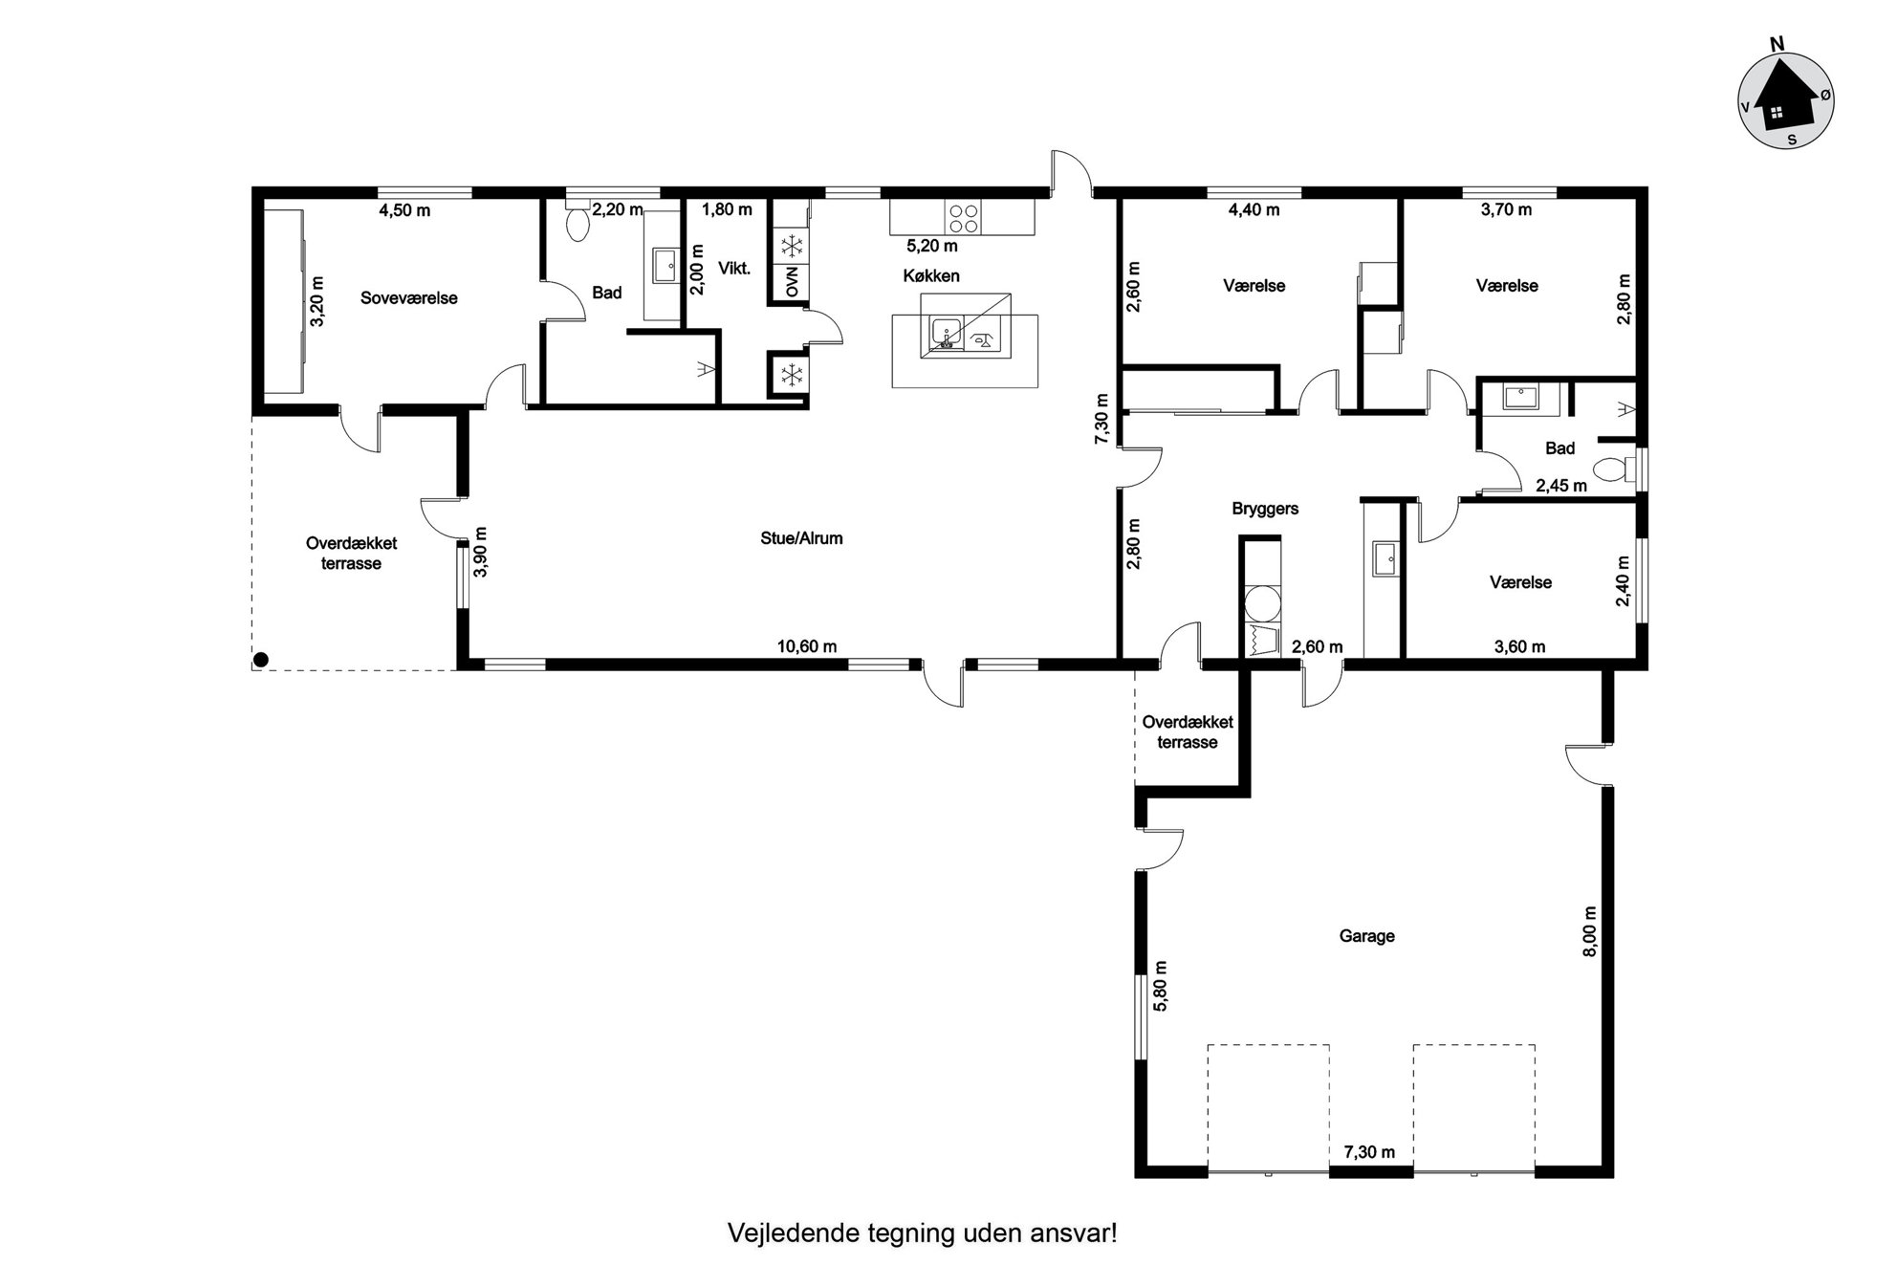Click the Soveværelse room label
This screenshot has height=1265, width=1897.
(x=408, y=298)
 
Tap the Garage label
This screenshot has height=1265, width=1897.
(x=1366, y=936)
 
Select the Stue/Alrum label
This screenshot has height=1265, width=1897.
(x=801, y=538)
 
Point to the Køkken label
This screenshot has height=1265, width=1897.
(x=930, y=276)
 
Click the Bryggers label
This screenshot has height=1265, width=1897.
(x=1265, y=509)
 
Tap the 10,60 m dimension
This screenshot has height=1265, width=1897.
(x=806, y=646)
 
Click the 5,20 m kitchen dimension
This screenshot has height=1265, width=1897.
(x=932, y=246)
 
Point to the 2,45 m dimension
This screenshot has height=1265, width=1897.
(x=1561, y=486)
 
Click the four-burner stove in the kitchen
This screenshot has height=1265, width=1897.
(x=964, y=218)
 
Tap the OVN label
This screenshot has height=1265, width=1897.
(x=792, y=283)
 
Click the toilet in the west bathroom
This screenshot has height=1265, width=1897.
(x=578, y=223)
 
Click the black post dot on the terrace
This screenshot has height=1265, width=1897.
(x=260, y=659)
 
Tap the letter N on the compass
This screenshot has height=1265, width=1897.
(x=1777, y=44)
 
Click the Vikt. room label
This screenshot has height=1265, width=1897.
(x=734, y=269)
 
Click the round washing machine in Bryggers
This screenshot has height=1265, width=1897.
(x=1261, y=604)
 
